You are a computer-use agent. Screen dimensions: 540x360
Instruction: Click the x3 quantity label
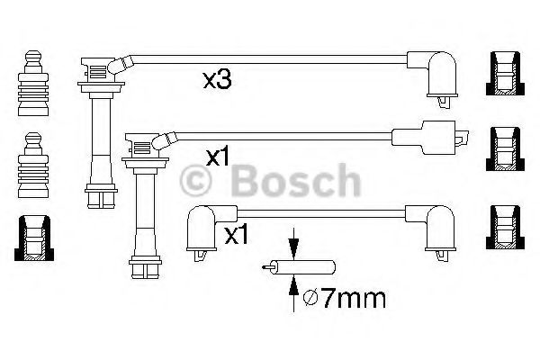(x=217, y=80)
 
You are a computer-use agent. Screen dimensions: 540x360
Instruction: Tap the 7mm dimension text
(x=354, y=299)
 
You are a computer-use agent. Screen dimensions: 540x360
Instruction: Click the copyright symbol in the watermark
(x=195, y=181)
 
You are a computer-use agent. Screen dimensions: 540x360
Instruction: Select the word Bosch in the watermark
(x=296, y=180)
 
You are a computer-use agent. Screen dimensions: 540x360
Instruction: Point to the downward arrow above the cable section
(x=293, y=243)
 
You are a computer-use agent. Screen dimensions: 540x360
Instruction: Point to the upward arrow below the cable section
(x=293, y=293)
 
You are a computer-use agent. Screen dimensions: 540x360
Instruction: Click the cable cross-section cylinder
(x=299, y=267)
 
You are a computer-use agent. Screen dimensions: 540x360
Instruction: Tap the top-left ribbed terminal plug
(x=33, y=83)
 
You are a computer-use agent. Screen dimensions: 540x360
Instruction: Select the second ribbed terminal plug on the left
(x=33, y=165)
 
